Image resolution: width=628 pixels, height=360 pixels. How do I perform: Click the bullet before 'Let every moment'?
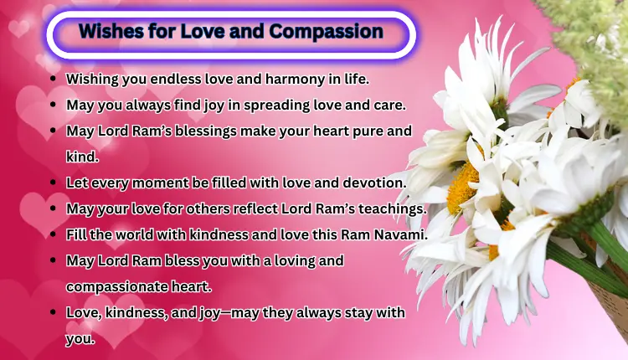pos(54,182)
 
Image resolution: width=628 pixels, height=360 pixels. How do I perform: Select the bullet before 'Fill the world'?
pos(54,234)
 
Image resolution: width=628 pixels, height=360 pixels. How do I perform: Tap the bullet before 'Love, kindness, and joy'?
pos(54,312)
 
